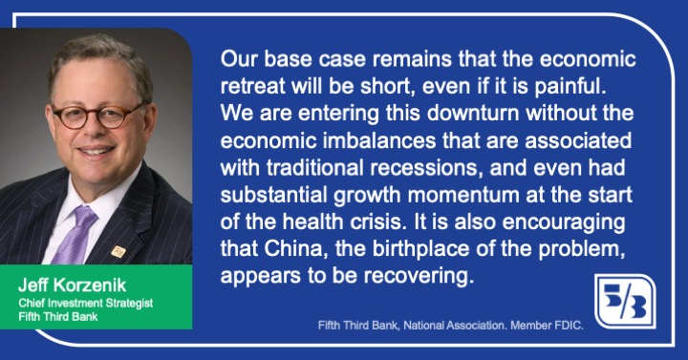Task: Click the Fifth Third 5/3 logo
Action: tap(625, 301)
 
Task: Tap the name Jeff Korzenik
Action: tap(72, 286)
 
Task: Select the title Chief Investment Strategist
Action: tap(86, 303)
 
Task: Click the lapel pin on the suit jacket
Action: tap(118, 251)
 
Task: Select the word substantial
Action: tap(274, 195)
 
